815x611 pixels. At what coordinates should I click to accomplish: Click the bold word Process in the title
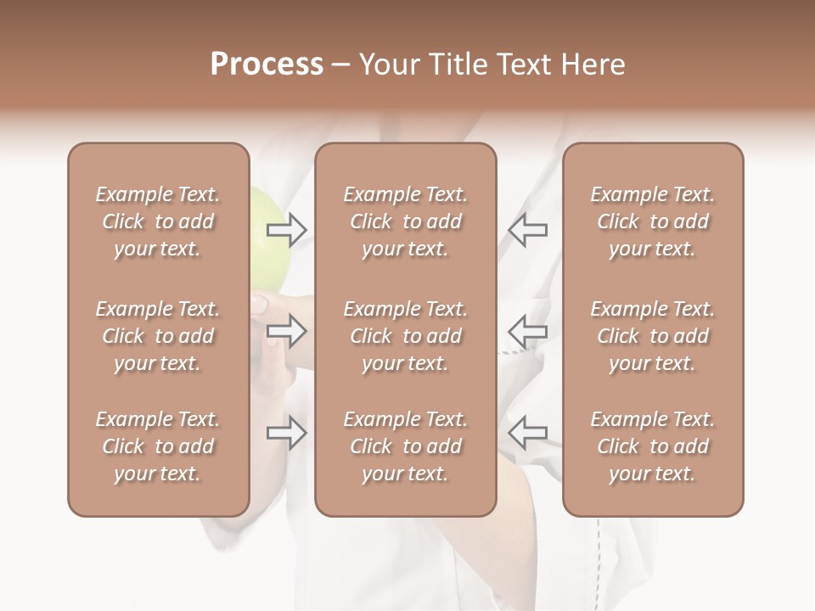[x=267, y=64]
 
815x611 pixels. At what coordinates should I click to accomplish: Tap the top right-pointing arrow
[x=287, y=228]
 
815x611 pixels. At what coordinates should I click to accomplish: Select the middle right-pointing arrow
[x=287, y=330]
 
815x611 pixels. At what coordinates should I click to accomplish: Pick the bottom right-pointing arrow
[x=287, y=433]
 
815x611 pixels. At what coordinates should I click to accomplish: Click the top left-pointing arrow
[x=527, y=228]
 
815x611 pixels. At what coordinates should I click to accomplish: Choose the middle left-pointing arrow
[x=527, y=330]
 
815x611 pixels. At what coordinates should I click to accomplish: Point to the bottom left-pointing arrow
[x=527, y=433]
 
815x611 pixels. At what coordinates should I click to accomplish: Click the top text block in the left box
[x=158, y=221]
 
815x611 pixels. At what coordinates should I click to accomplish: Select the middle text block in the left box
[x=158, y=336]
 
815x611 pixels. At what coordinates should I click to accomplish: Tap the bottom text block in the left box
[x=158, y=446]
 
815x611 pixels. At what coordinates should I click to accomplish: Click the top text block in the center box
[x=406, y=221]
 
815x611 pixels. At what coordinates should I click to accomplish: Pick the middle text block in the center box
[x=406, y=336]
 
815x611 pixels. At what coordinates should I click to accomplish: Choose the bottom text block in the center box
[x=406, y=446]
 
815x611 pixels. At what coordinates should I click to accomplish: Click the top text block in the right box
[x=653, y=221]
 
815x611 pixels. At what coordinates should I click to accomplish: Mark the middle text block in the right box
[x=653, y=336]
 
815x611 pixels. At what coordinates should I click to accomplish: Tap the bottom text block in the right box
[x=653, y=446]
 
